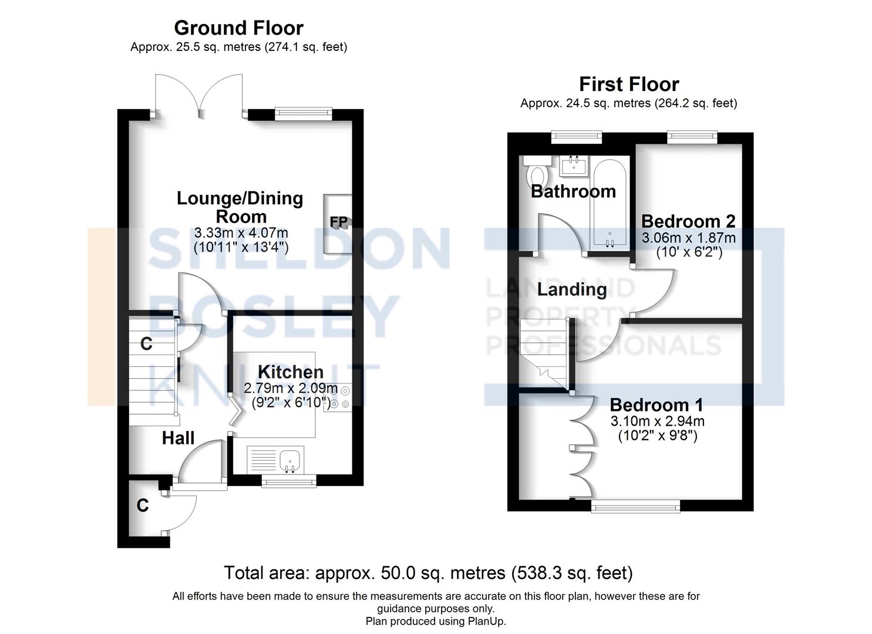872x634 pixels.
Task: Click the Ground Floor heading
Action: pos(238,28)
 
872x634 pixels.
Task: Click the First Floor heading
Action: pos(629,84)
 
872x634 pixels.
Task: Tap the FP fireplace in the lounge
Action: pos(338,223)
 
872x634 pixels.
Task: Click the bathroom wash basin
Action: pos(573,165)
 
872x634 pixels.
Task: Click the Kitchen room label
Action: pos(291,372)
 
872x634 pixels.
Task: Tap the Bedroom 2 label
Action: pos(688,221)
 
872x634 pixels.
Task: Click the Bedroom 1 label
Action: pos(656,404)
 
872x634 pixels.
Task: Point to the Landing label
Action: pos(572,289)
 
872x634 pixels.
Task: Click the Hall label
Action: pos(178,438)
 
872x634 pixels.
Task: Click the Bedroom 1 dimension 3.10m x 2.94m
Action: pos(658,421)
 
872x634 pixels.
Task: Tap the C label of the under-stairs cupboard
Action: pos(146,344)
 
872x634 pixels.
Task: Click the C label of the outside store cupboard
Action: pos(143,505)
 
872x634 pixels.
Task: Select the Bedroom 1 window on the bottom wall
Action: pos(635,506)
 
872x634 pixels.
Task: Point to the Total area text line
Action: pos(428,572)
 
